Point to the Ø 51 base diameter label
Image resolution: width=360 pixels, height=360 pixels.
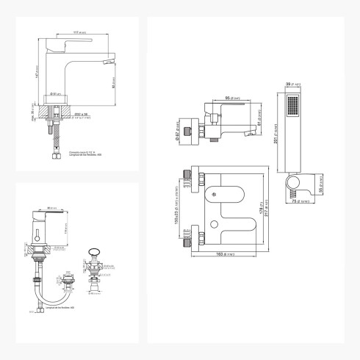[56, 93]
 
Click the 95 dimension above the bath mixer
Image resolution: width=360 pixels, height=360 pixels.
[227, 97]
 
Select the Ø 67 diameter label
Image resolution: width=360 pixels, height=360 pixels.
[180, 133]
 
